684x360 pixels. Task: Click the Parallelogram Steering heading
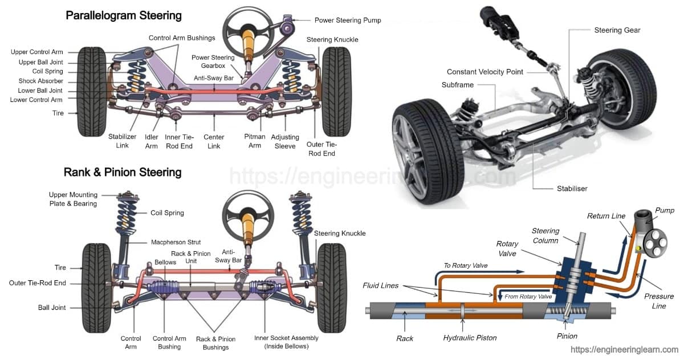coord(124,15)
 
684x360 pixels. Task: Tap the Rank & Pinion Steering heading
coord(123,172)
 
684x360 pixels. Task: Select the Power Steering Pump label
coord(348,20)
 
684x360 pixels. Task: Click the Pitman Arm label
coord(255,141)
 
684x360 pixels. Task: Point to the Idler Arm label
coord(152,141)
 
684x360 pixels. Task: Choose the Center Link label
coord(214,141)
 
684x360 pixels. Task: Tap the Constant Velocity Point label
coord(484,72)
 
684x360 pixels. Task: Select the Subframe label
coord(457,85)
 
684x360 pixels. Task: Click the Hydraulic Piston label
coord(470,338)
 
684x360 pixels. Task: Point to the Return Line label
coord(606,216)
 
